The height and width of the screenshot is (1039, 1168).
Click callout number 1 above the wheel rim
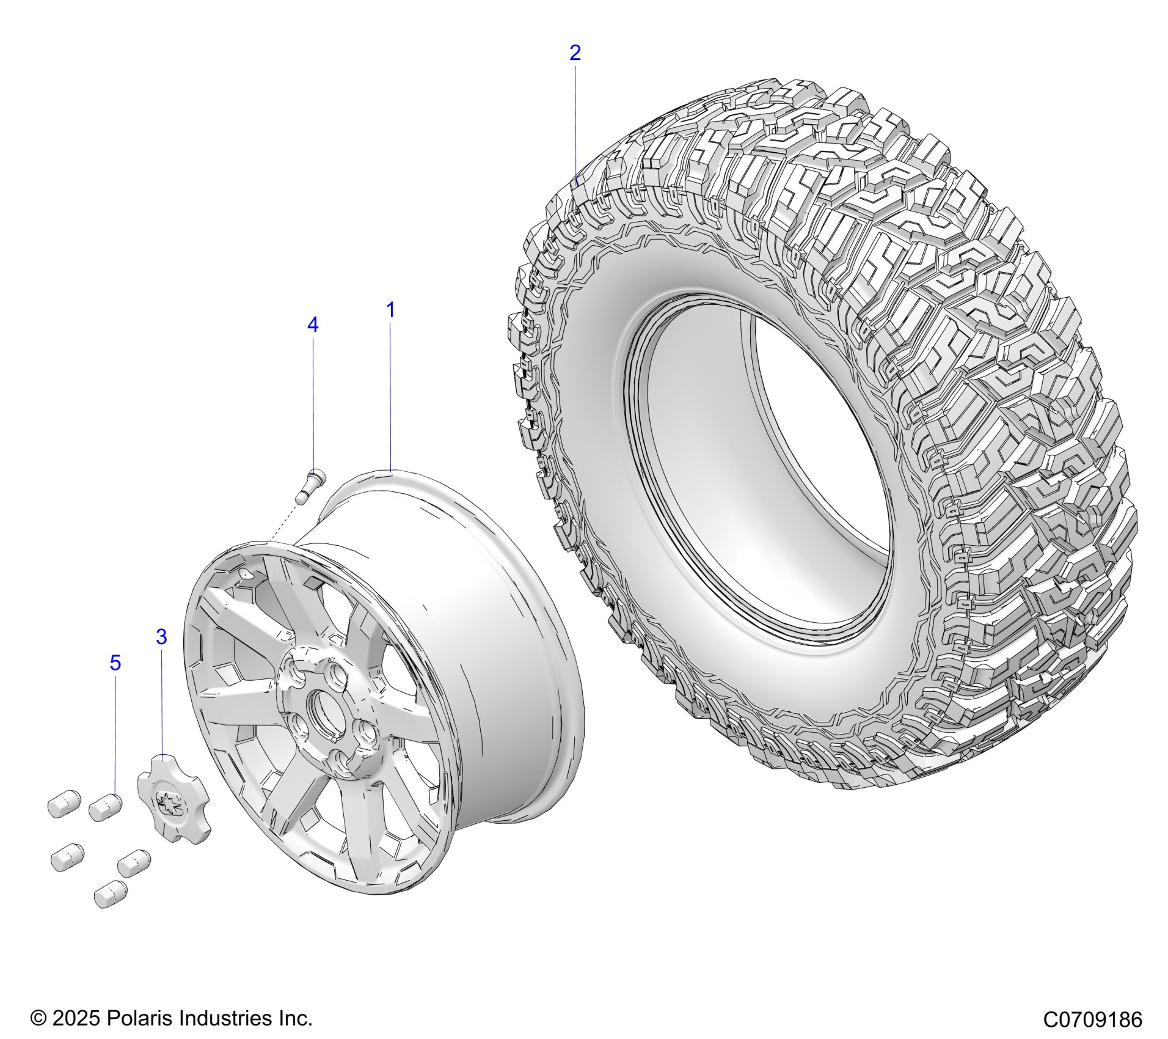click(390, 310)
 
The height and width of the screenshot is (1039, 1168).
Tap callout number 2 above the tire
click(575, 53)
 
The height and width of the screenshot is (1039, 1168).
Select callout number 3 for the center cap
click(161, 637)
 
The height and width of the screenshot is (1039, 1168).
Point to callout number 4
click(312, 325)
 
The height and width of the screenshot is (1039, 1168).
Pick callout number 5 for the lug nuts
click(115, 663)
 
